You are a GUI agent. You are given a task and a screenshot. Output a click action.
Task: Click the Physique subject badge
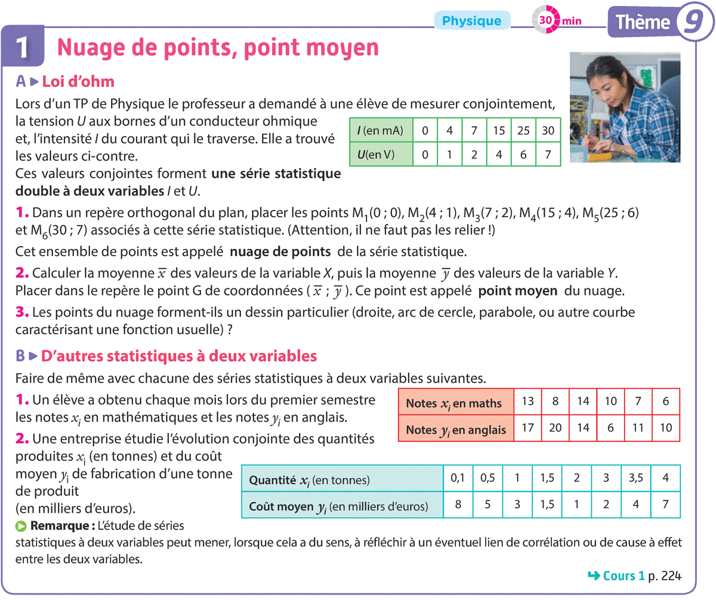point(471,21)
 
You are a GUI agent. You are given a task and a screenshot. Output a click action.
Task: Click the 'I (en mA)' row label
point(381,130)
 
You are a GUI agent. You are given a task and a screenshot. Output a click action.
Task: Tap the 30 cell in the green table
point(548,130)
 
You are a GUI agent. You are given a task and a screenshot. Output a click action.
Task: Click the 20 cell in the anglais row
point(555,428)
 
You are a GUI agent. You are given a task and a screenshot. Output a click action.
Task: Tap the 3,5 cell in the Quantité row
point(635,478)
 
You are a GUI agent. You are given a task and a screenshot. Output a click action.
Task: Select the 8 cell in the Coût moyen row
point(458,505)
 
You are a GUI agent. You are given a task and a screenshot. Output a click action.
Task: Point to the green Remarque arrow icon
point(21,527)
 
